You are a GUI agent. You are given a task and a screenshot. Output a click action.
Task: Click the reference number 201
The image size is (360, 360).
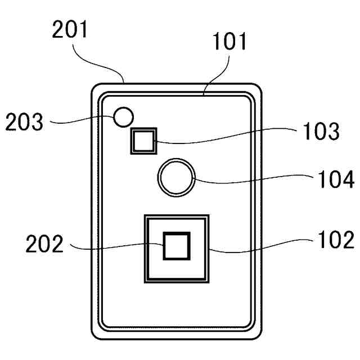70,29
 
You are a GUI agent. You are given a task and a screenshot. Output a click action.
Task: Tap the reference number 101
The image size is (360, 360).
230,42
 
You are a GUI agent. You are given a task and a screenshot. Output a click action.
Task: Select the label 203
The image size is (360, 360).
24,122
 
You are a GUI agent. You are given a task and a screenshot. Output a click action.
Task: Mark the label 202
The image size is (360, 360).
44,245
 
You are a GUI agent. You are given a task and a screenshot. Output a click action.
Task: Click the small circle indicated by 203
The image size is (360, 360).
123,118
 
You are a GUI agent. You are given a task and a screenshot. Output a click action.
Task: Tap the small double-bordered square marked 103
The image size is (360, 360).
143,140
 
